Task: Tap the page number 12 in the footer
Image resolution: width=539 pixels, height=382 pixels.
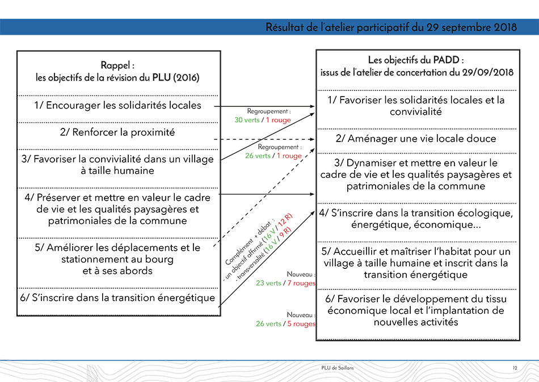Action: coord(515,368)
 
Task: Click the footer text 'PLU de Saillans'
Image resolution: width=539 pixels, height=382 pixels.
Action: coord(337,368)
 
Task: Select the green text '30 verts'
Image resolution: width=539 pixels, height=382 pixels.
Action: coord(247,120)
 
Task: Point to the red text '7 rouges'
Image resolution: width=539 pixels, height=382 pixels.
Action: coord(301,283)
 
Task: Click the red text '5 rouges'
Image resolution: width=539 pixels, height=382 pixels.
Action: coord(301,324)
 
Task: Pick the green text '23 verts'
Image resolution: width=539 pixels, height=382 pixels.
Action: coord(268,283)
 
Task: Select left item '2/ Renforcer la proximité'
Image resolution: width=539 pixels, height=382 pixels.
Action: coord(117,132)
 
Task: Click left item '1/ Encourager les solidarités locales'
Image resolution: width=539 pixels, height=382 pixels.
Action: coord(118,105)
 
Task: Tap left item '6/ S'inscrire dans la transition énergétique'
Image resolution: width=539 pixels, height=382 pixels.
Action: coord(117,298)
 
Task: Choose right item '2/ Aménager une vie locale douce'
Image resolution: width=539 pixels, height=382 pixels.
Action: coord(416,139)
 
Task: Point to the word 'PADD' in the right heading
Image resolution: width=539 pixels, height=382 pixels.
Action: coord(446,60)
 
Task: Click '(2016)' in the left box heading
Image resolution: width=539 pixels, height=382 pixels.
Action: coord(186,77)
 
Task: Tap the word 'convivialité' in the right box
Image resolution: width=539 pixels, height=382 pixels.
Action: coord(415,111)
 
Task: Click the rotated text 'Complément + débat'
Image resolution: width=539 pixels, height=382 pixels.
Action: coord(250,242)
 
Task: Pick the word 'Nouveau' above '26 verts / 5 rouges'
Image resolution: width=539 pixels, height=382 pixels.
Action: coord(300,315)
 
